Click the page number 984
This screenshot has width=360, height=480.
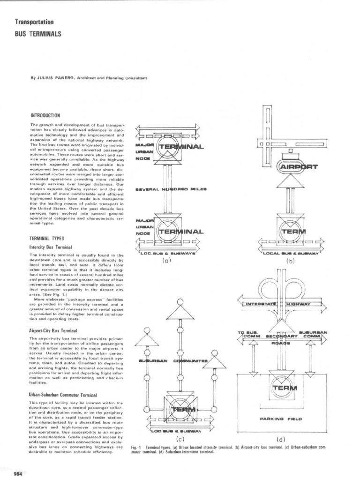pyautogui.click(x=19, y=472)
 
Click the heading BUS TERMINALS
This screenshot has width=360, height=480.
pyautogui.click(x=38, y=34)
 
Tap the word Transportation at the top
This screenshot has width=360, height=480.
pyautogui.click(x=34, y=22)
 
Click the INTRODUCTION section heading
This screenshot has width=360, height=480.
pyautogui.click(x=45, y=115)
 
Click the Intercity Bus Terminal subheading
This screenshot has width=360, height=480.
pyautogui.click(x=51, y=247)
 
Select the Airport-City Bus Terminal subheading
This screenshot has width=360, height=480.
pyautogui.click(x=53, y=330)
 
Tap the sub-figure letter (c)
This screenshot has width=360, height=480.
pyautogui.click(x=180, y=439)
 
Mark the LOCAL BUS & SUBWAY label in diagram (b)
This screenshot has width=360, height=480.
pyautogui.click(x=291, y=254)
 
